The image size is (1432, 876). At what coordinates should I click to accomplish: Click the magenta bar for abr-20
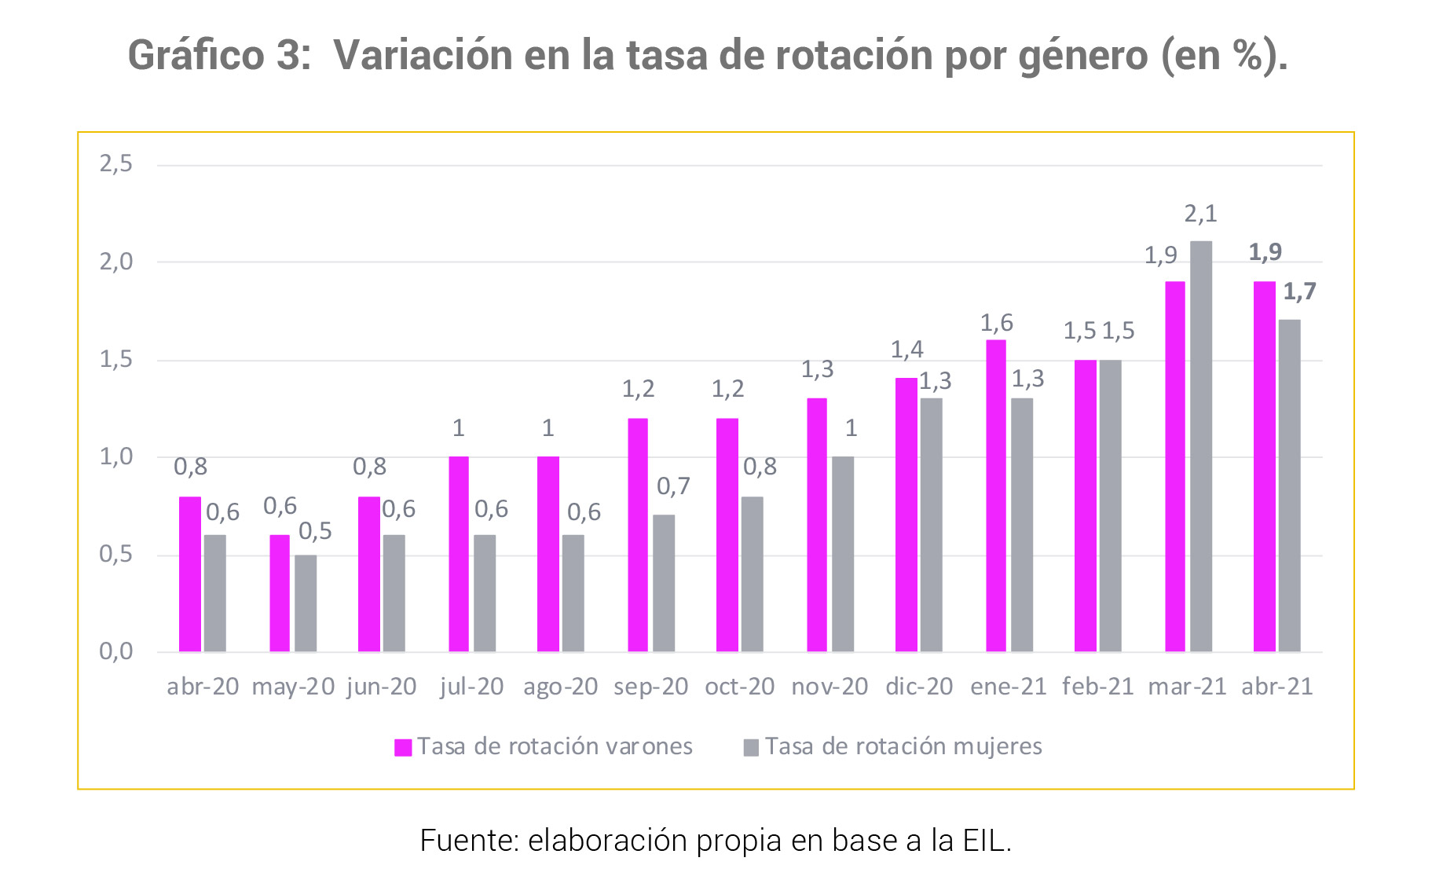190,574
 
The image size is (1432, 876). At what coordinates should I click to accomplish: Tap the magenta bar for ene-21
996,496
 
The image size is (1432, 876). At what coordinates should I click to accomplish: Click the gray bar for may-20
306,603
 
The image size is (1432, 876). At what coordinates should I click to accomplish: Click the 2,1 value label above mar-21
1200,214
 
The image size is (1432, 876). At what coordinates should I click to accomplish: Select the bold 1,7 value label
1299,292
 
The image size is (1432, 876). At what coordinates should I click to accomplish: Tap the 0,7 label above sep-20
673,487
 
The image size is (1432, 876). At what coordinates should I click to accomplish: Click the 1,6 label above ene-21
996,323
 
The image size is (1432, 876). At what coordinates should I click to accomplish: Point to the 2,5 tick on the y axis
115,164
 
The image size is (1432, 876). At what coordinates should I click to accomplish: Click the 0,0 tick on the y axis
115,651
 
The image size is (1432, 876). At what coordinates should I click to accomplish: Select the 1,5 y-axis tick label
115,360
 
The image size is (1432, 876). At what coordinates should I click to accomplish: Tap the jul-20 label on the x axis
471,687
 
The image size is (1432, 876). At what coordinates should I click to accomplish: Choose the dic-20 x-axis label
919,687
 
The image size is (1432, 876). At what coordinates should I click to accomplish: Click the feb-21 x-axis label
1098,687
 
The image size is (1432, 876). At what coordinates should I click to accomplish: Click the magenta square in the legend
403,747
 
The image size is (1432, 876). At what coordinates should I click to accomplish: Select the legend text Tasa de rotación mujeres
903,746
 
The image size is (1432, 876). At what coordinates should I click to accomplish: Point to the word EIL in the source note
985,841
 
